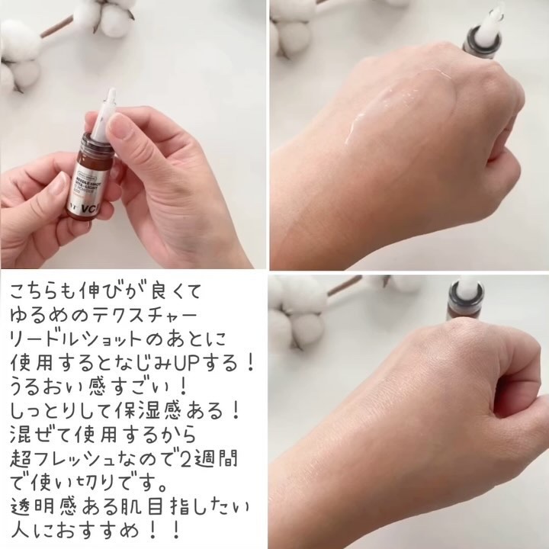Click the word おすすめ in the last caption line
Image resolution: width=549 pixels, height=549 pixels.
coord(99,528)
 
